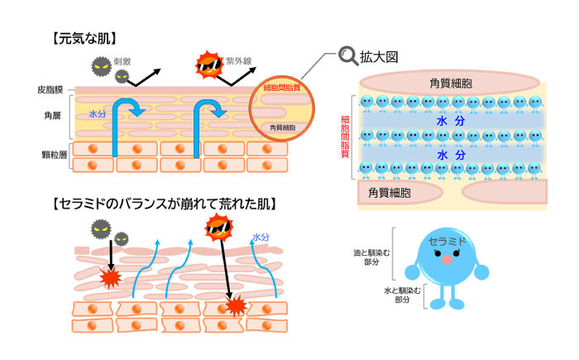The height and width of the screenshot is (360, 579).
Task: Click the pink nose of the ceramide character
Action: (x=447, y=259)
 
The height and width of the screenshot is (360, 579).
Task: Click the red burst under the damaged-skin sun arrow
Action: (x=237, y=307)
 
